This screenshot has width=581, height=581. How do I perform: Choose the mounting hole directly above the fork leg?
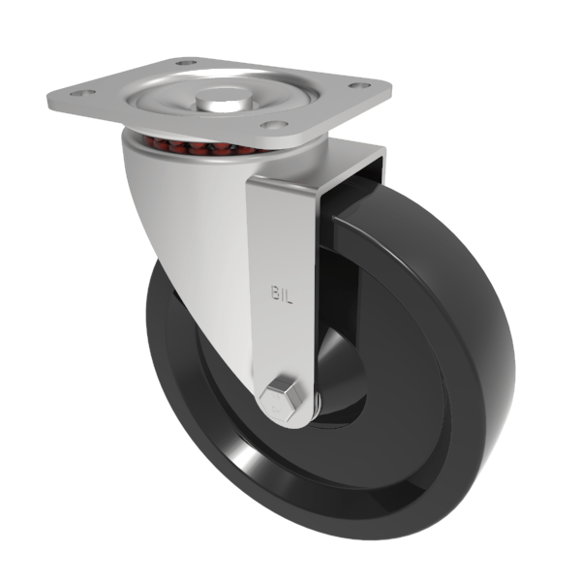click(x=274, y=126)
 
